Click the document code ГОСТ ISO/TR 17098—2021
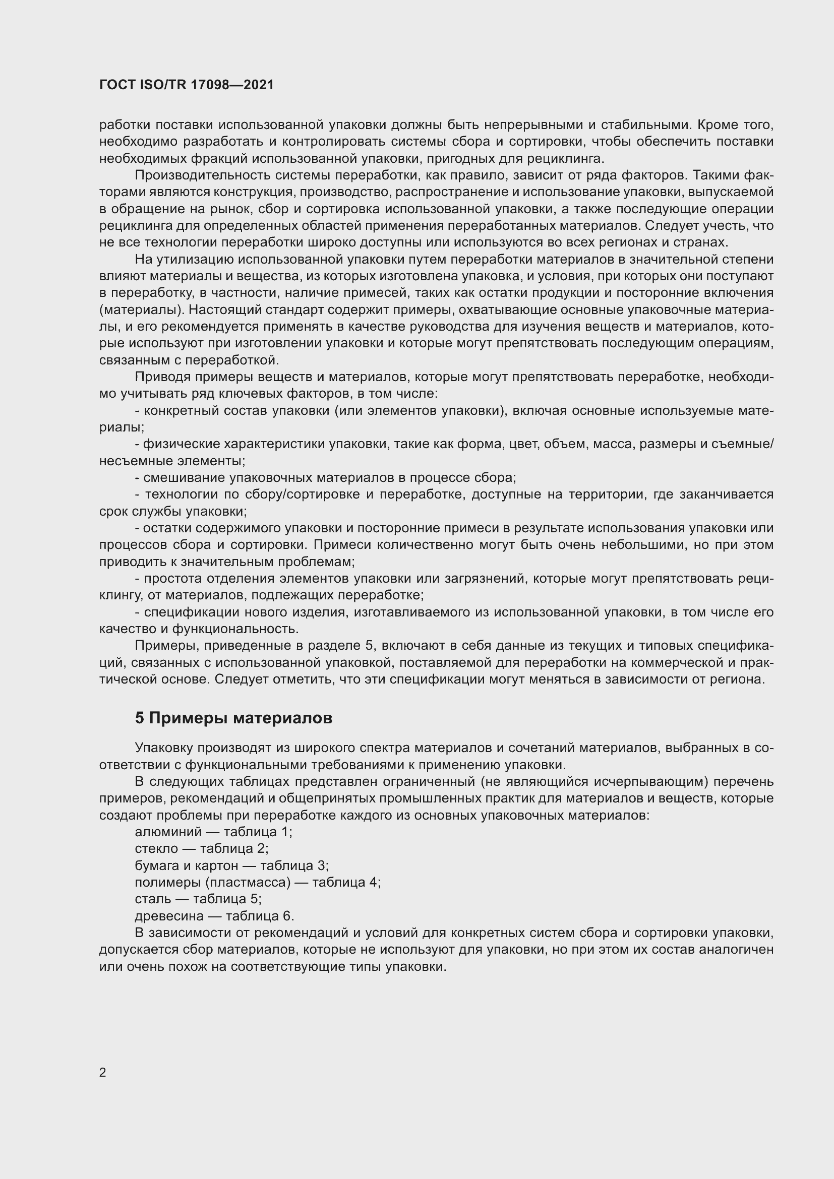click(x=187, y=85)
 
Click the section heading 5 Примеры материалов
click(x=233, y=718)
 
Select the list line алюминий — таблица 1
click(x=213, y=832)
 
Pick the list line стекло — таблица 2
click(x=201, y=848)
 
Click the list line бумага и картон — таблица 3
click(x=231, y=865)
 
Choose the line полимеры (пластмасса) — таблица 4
click(x=257, y=882)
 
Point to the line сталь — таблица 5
click(x=198, y=899)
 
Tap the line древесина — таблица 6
click(x=214, y=916)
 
